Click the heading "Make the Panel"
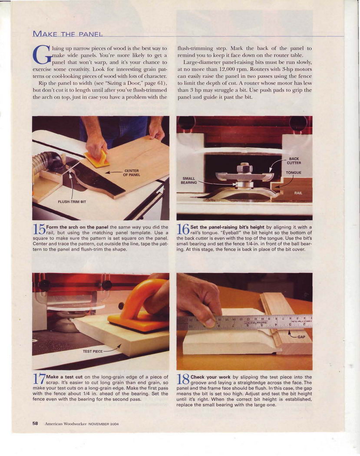click(67, 33)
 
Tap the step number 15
click(39, 229)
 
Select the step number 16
click(183, 229)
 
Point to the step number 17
click(39, 379)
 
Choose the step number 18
click(183, 379)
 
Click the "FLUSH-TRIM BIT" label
click(72, 202)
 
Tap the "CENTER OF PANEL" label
click(132, 173)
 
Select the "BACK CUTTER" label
click(294, 161)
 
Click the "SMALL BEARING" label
click(189, 181)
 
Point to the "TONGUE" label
click(294, 172)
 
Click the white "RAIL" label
click(298, 193)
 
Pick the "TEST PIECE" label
click(93, 351)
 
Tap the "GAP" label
click(301, 337)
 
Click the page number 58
click(35, 423)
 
